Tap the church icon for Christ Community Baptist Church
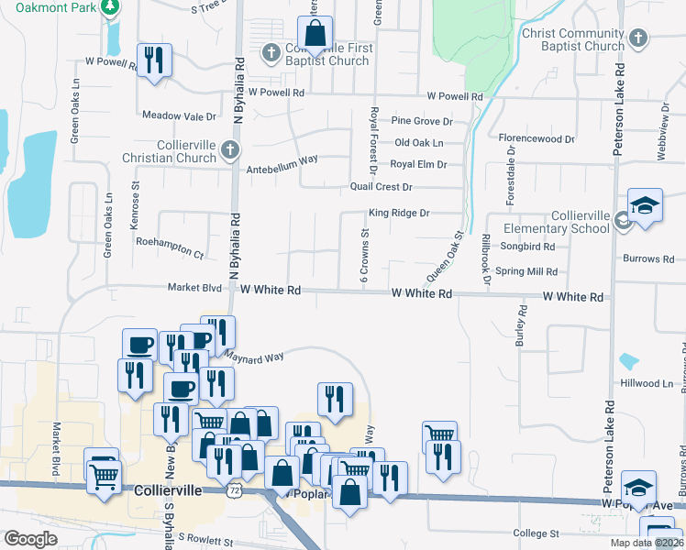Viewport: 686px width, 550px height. point(638,38)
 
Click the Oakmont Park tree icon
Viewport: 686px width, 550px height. point(111,8)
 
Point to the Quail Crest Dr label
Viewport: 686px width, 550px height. point(382,187)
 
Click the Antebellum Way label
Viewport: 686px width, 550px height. point(282,159)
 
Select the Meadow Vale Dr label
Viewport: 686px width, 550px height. point(179,116)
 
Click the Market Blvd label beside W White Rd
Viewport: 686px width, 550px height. point(194,288)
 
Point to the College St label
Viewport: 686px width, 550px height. point(536,533)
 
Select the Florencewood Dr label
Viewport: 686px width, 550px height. point(537,139)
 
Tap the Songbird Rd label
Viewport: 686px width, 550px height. point(527,247)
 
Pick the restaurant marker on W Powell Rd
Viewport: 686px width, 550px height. point(154,60)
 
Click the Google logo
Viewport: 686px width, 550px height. point(31,539)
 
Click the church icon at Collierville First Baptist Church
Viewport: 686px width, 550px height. point(271,54)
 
